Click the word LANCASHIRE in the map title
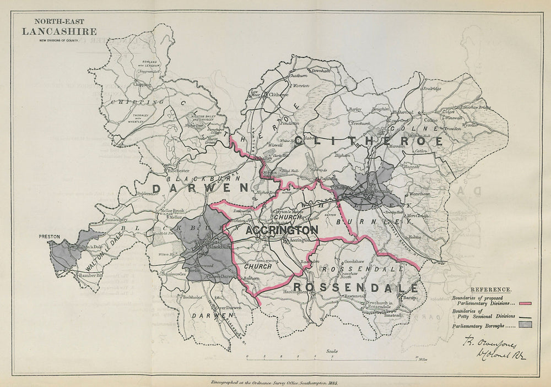tap(59, 32)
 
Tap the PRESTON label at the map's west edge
tap(48, 237)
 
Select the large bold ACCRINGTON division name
tap(282, 230)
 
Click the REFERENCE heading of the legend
tap(490, 290)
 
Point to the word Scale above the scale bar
tap(332, 351)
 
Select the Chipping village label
tap(141, 85)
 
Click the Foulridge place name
tap(431, 89)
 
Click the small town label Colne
tap(430, 119)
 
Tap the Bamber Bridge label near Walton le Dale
tap(91, 275)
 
